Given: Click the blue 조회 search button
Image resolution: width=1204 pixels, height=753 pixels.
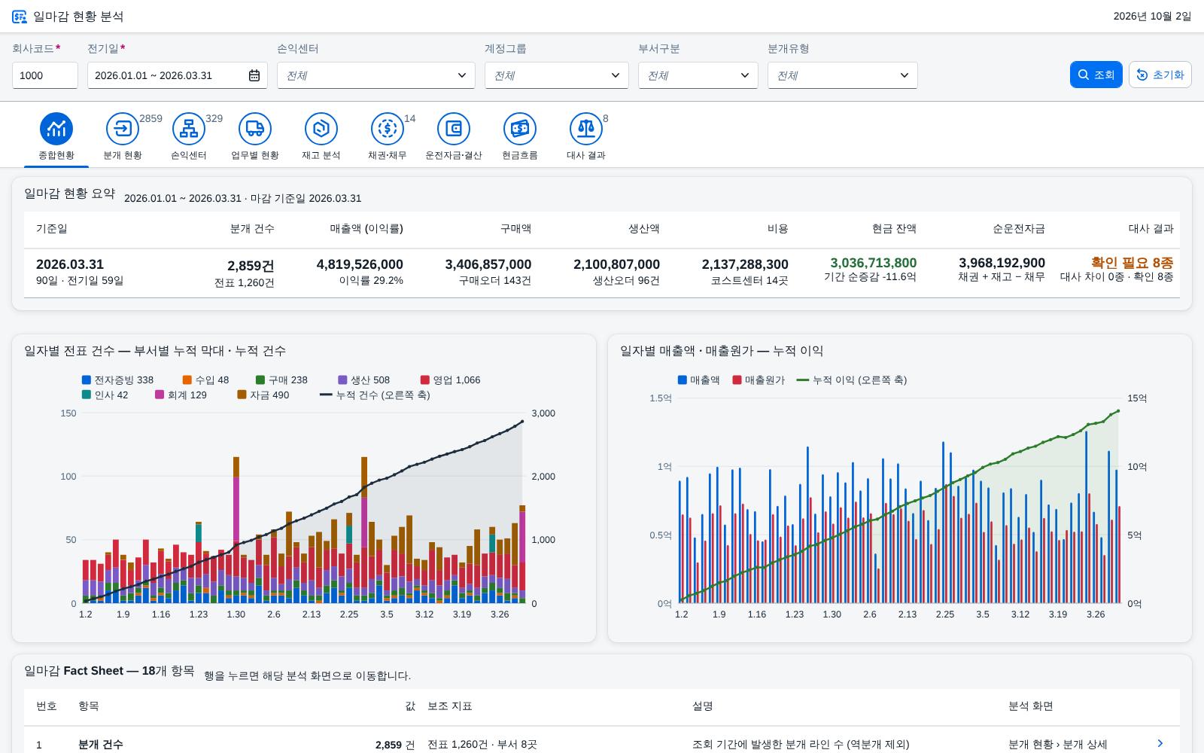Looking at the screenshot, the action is tap(1096, 75).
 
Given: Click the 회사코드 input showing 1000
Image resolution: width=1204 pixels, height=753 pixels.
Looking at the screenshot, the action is tap(44, 75).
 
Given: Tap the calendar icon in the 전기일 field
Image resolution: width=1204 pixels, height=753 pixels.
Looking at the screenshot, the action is tap(254, 75).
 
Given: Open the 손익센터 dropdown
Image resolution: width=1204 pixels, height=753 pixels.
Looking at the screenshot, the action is tap(375, 75).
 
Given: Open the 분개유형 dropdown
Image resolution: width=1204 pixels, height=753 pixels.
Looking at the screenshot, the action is tap(842, 75).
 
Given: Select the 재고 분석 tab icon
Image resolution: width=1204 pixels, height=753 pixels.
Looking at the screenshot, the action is tap(321, 129).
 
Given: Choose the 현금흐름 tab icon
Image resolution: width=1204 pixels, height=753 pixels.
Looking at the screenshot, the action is tap(519, 129).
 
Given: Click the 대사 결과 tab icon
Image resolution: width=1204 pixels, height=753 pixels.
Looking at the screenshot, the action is tap(585, 129).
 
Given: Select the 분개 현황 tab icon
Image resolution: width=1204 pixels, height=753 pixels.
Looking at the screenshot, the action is tap(123, 129).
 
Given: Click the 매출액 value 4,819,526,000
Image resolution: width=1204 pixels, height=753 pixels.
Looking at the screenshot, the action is tap(360, 264).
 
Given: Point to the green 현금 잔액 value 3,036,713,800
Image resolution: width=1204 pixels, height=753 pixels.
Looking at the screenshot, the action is tap(874, 263).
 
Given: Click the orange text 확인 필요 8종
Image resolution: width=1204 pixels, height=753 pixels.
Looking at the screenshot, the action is tap(1132, 263).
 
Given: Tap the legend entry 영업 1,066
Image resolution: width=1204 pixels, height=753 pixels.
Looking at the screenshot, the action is tap(451, 380).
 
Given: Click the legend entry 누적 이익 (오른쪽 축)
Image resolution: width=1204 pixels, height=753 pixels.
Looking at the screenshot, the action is tap(851, 380).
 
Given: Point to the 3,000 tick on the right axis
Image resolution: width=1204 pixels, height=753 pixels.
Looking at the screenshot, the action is tap(543, 413).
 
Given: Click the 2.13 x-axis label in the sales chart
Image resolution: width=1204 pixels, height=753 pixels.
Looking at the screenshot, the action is tap(908, 614).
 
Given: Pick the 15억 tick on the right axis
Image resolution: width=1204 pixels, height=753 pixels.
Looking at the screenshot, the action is tap(1137, 398).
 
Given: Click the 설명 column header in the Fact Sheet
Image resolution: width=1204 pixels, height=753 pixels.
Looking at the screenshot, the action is tap(702, 706).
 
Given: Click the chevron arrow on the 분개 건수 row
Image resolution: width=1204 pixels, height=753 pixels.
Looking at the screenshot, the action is tap(1160, 743).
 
